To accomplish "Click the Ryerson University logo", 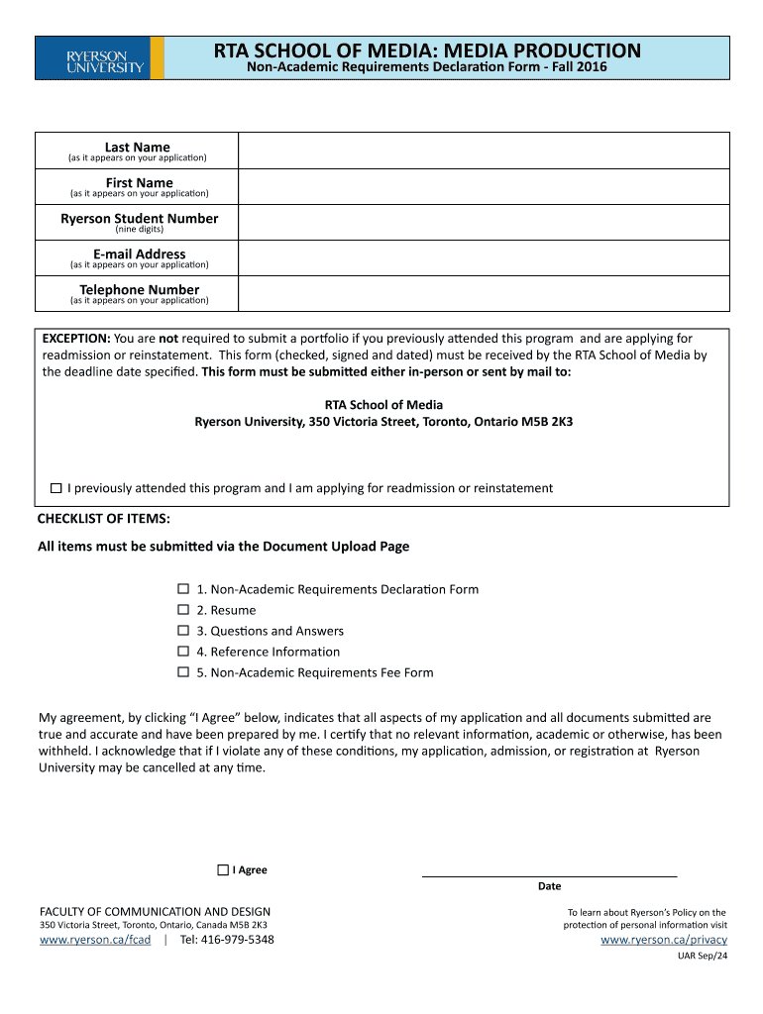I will [99, 58].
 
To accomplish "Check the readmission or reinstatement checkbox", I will [56, 488].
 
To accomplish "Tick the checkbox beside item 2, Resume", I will [183, 610].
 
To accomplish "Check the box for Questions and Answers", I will [183, 631].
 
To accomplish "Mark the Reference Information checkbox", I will [183, 652].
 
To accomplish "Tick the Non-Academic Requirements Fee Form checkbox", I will [183, 672].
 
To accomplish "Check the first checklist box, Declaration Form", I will [183, 589].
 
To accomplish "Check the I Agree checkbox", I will [223, 870].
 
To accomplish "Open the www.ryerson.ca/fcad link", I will [95, 940].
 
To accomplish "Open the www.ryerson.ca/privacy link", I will [664, 940].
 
